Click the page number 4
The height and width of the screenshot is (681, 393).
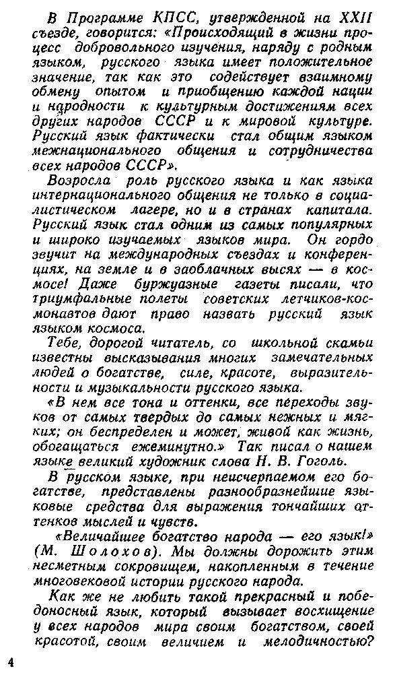pyautogui.click(x=10, y=662)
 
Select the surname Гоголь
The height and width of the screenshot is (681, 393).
pyautogui.click(x=323, y=461)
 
